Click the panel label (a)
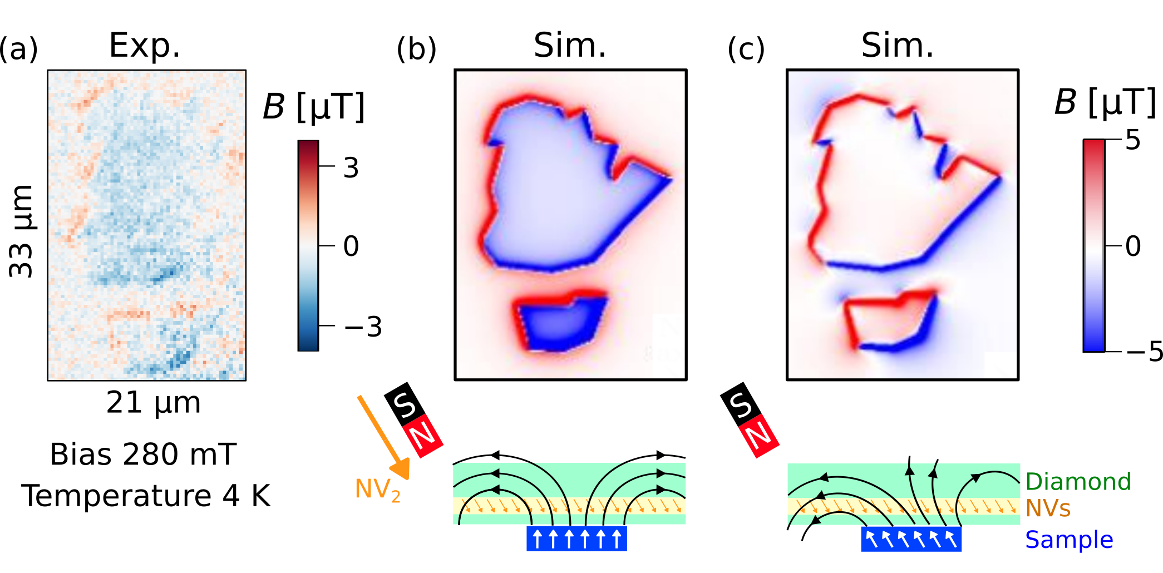(x=18, y=49)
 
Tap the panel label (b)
(x=416, y=49)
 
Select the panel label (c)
(x=746, y=49)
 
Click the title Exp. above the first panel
(x=145, y=46)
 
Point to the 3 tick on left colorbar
(x=351, y=167)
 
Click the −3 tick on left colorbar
(x=363, y=327)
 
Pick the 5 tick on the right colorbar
(x=1132, y=140)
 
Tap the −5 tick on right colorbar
(x=1144, y=352)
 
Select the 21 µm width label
(x=153, y=402)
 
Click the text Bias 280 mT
(x=144, y=455)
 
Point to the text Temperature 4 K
(x=146, y=496)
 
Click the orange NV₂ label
(x=377, y=490)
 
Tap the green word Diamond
(x=1078, y=482)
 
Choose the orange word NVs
(x=1048, y=508)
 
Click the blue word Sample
(x=1069, y=540)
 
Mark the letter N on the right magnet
(x=760, y=437)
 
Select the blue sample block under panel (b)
(x=576, y=539)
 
